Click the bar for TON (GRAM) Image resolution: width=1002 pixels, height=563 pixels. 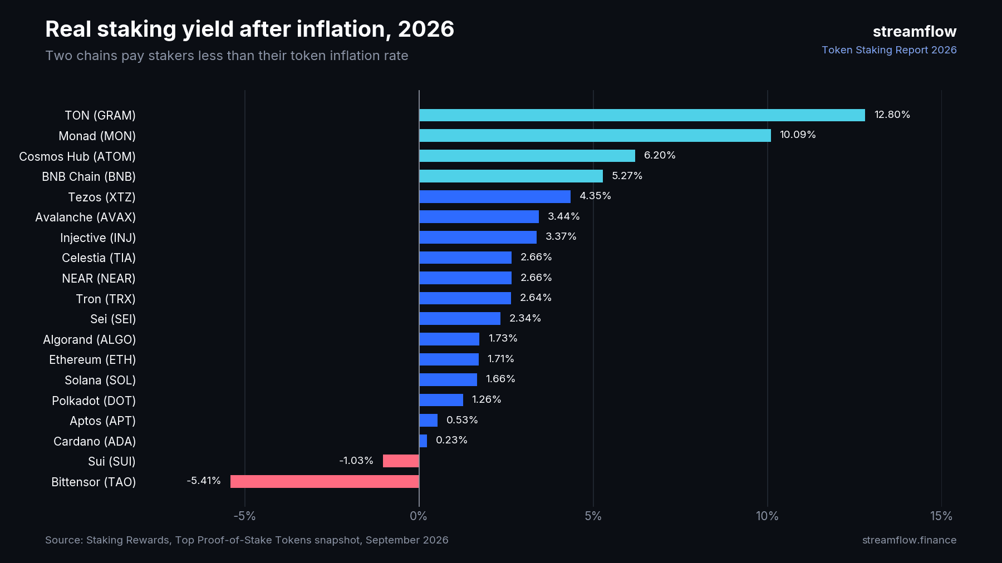642,115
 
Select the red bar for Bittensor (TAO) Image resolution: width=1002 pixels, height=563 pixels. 325,481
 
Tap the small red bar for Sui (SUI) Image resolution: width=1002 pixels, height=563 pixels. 401,461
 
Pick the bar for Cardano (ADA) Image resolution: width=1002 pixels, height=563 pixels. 423,441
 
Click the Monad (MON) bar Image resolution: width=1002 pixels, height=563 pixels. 595,135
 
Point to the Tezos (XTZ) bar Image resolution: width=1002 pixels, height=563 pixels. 495,196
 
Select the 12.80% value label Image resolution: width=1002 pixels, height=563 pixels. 892,115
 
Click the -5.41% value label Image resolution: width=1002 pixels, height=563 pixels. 204,481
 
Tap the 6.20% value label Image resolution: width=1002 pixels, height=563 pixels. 660,155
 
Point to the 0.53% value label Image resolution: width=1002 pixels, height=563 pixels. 462,420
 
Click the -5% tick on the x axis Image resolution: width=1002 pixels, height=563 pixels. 244,516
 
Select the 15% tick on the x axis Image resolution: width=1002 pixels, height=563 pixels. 941,516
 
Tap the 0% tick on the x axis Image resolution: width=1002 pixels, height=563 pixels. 419,516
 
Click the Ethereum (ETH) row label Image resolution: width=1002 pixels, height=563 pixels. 92,360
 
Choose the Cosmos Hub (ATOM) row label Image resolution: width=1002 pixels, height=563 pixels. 77,157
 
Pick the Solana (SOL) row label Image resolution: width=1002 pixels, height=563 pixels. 100,381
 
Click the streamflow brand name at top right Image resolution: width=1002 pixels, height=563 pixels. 915,32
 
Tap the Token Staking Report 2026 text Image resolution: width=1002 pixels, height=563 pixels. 890,50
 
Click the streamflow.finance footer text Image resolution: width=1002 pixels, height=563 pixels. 910,540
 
